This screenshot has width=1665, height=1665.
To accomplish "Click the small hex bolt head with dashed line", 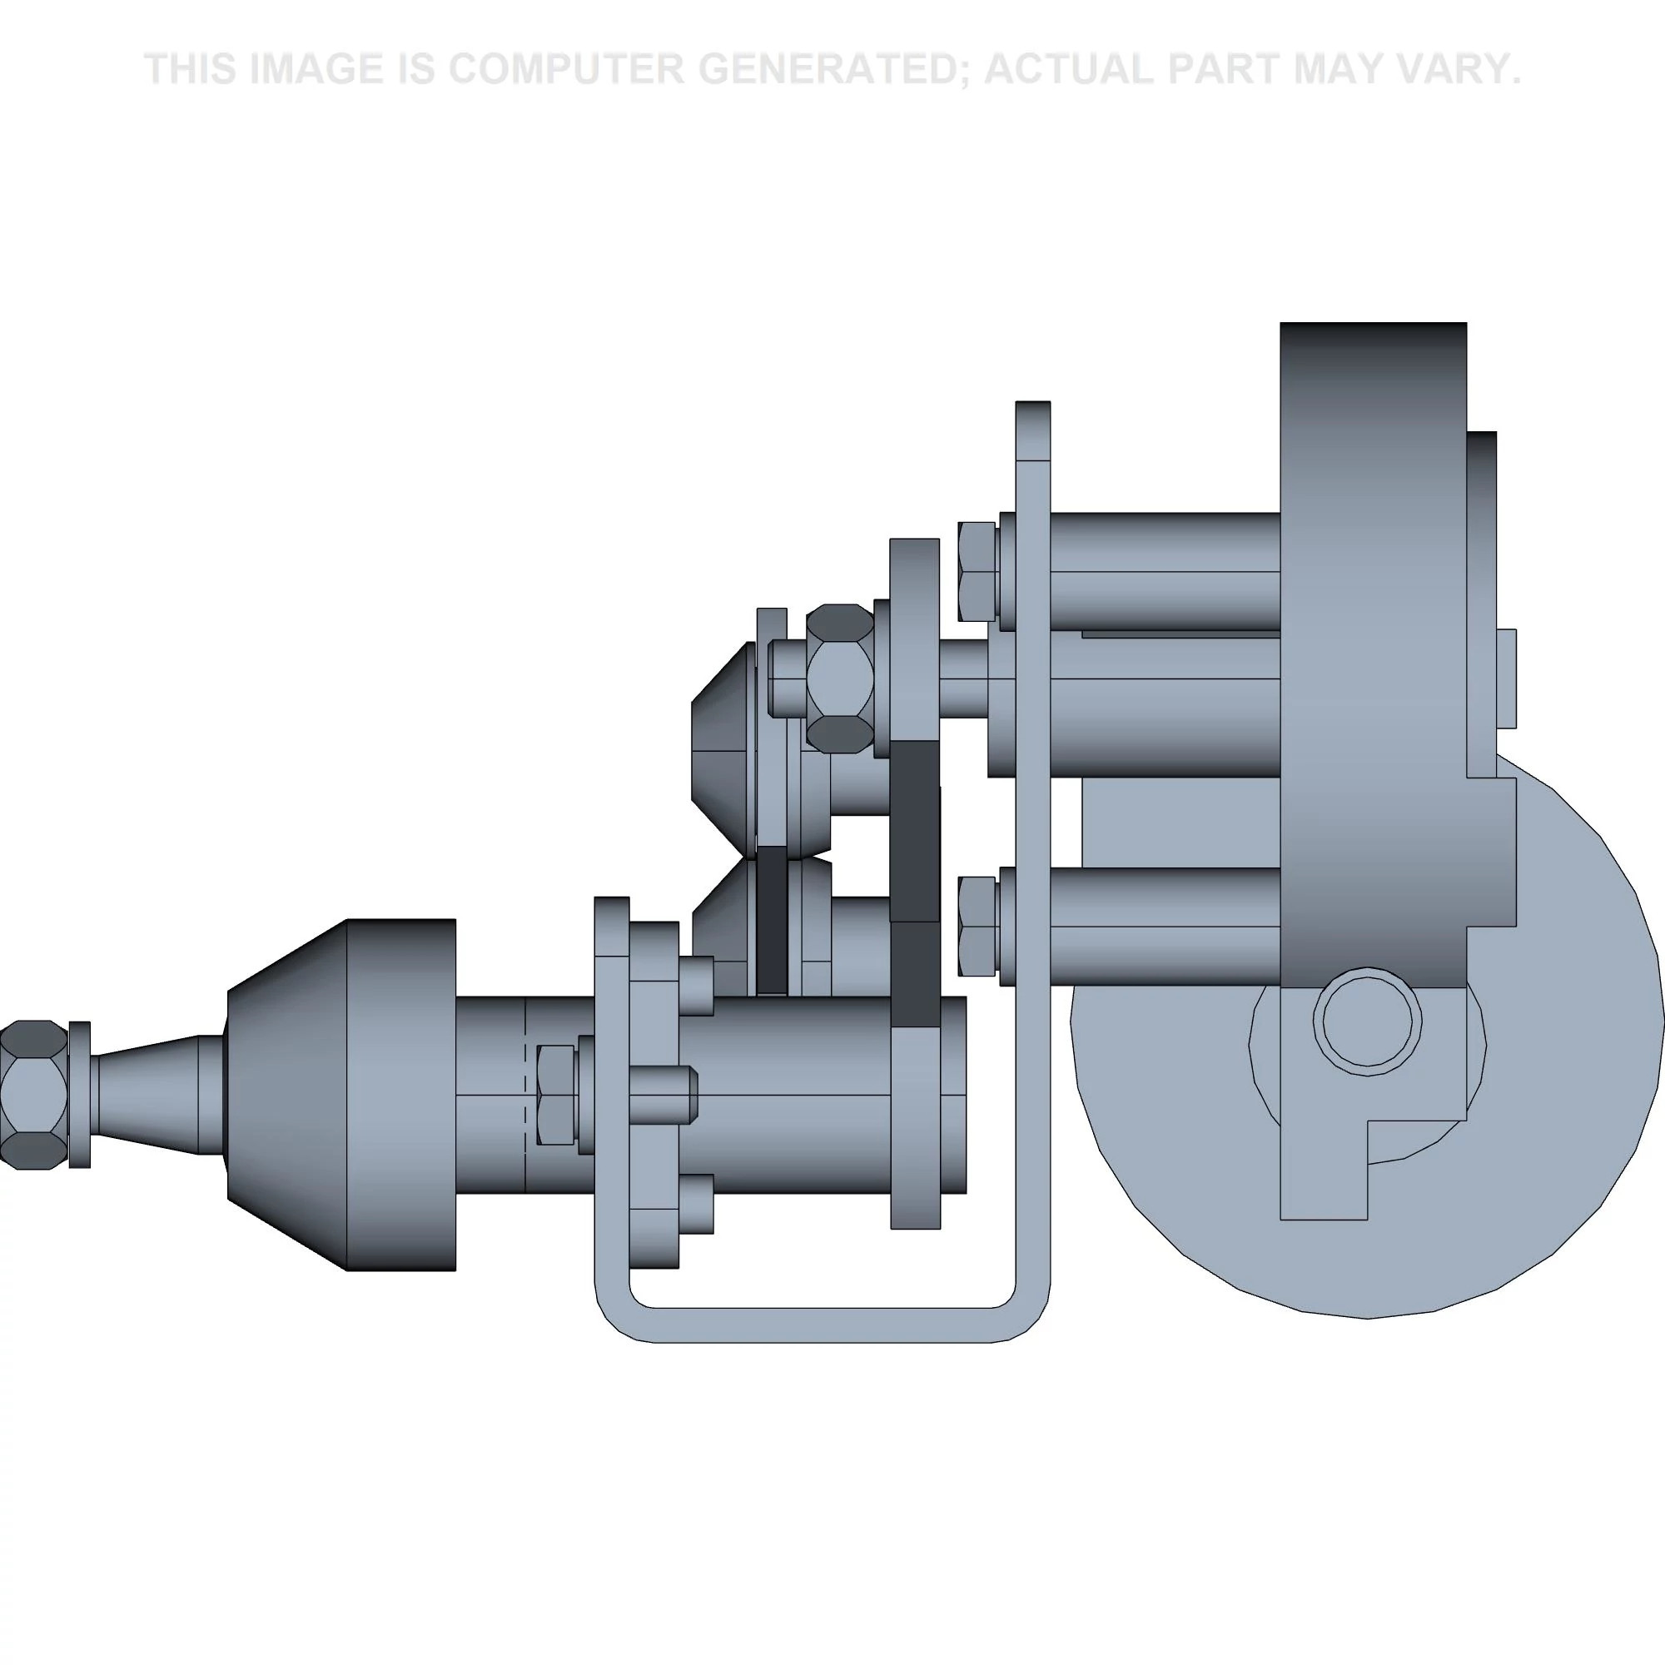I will click(x=555, y=1095).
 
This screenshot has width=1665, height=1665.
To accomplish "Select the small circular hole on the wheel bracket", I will click(x=1369, y=1021).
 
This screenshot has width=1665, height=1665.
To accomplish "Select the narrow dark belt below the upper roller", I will click(x=772, y=917).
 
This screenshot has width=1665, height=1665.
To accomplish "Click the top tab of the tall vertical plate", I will click(x=1032, y=430).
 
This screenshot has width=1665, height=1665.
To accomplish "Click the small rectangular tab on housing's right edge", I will click(x=1505, y=678).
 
